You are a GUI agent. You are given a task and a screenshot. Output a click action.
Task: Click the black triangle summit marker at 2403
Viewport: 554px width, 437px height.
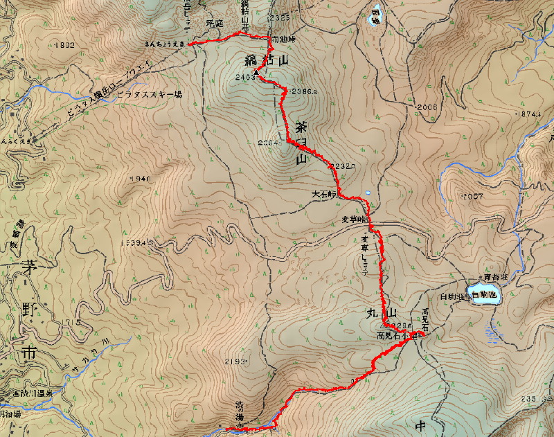coord(257,73)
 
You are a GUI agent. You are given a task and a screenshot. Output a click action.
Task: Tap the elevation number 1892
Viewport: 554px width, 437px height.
coord(63,44)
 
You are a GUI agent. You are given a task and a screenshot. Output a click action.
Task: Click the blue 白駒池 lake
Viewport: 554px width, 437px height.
coord(483,294)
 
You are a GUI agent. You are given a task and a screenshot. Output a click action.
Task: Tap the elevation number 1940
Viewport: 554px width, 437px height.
coord(139,179)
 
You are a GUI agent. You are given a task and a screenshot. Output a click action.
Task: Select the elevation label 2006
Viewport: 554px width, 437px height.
coord(427,107)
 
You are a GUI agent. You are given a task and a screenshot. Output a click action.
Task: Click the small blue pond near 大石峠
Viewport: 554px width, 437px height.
coord(368,193)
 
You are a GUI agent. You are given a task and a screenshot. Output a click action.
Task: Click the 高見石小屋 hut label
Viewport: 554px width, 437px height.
coord(396,335)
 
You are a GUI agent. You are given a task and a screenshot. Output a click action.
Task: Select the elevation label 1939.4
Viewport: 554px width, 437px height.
coord(131,243)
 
